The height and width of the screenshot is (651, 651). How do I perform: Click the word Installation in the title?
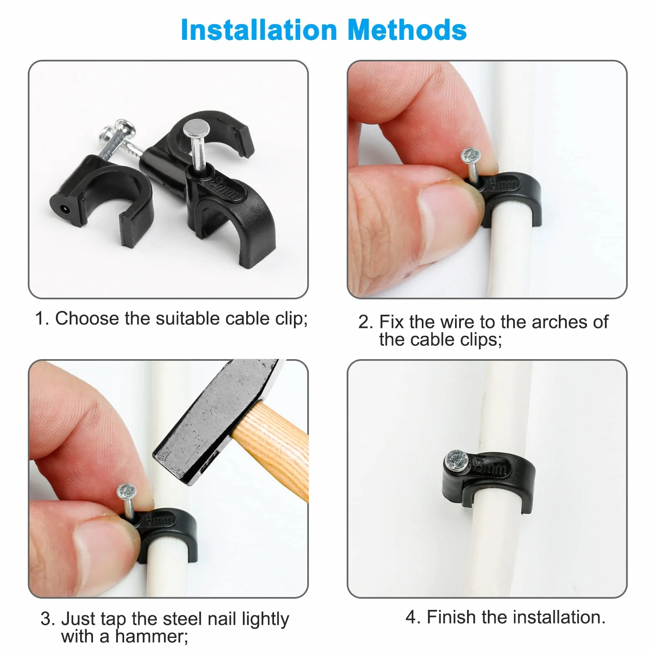click(259, 30)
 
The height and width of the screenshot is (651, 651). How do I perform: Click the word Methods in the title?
click(407, 30)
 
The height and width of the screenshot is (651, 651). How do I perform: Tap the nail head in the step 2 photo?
click(470, 156)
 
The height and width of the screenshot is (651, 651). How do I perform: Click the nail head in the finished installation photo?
click(457, 460)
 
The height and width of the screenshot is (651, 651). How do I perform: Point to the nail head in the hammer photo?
click(127, 492)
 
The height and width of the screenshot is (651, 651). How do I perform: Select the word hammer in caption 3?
click(152, 636)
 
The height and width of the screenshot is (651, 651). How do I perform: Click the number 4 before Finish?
click(411, 617)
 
